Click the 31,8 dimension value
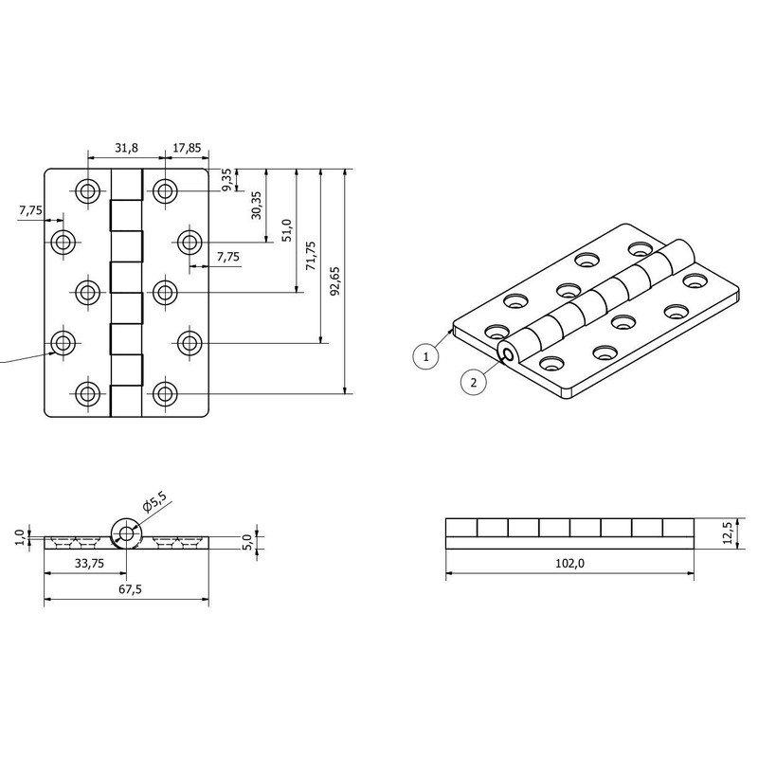pyautogui.click(x=126, y=148)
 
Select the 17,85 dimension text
pyautogui.click(x=186, y=148)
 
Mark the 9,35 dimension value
pyautogui.click(x=227, y=180)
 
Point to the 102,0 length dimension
pyautogui.click(x=568, y=563)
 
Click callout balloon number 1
pyautogui.click(x=427, y=356)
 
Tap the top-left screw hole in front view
pyautogui.click(x=88, y=191)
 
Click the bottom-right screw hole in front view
pyautogui.click(x=165, y=393)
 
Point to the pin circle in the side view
pyautogui.click(x=125, y=533)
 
